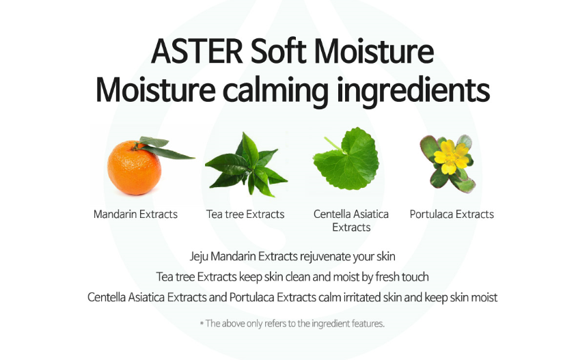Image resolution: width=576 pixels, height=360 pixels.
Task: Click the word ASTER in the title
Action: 197,51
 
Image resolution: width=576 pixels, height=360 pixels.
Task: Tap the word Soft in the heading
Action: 279,51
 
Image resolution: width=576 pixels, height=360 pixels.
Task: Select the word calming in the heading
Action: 275,91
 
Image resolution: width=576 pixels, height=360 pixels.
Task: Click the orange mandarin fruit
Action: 134,168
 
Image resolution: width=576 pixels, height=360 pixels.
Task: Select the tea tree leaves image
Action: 246,165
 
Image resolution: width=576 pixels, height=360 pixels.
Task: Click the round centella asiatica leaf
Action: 348,160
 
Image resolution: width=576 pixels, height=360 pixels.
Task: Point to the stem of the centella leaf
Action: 333,144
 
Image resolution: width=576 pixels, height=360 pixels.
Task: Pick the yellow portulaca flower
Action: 451,157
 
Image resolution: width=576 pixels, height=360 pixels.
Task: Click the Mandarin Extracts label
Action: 135,214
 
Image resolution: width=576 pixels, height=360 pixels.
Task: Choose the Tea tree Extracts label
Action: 245,214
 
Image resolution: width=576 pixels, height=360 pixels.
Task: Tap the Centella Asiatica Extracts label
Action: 351,221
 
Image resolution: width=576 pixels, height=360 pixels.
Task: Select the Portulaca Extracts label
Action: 452,214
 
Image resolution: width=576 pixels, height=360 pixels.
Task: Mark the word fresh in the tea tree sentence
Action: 387,277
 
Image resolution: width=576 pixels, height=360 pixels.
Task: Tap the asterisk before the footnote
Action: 202,324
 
